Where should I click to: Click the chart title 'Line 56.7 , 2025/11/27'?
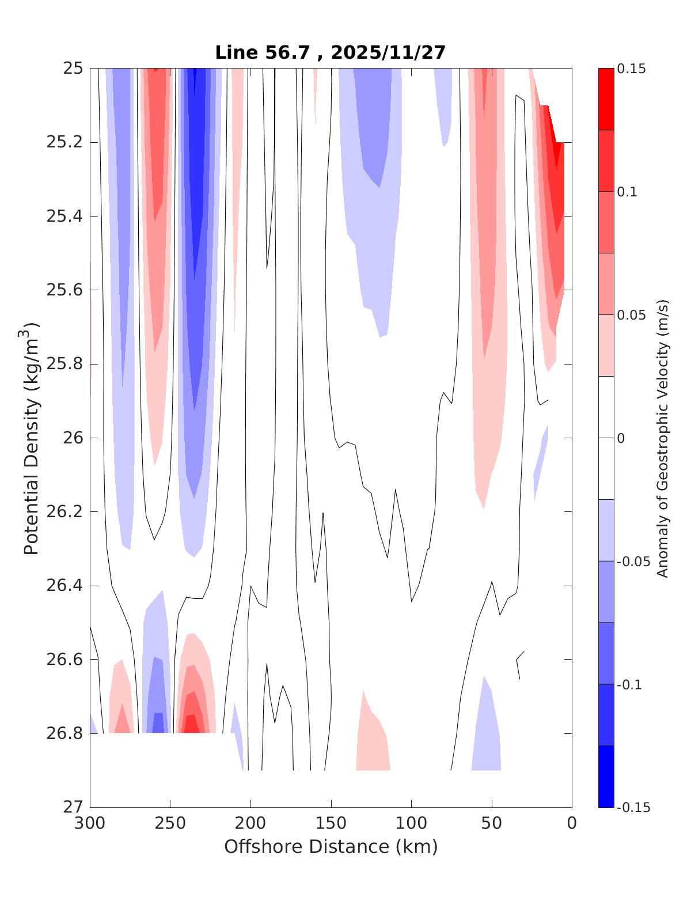[x=331, y=52]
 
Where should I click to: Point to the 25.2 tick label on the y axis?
[x=64, y=142]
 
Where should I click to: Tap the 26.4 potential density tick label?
[x=64, y=586]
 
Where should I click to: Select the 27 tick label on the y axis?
[x=73, y=807]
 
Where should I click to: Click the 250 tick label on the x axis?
[x=170, y=823]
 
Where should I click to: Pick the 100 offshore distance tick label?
[x=411, y=823]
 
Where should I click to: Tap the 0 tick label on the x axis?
[x=572, y=823]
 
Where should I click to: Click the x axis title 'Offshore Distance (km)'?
[x=331, y=847]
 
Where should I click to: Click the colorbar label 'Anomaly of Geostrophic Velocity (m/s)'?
[x=663, y=438]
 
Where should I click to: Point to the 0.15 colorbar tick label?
[x=631, y=69]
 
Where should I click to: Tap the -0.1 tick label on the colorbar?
[x=629, y=685]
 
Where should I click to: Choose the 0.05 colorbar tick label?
[x=631, y=315]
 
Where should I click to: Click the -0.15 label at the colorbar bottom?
[x=633, y=807]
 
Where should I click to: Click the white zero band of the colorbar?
[x=606, y=438]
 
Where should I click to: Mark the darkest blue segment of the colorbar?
[x=606, y=776]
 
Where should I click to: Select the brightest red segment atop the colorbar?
[x=606, y=99]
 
